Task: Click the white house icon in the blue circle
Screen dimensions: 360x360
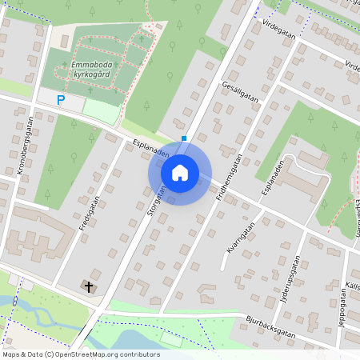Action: tap(180, 172)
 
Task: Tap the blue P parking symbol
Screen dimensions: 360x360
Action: tap(60, 100)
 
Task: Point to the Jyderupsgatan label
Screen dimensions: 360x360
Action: tap(294, 276)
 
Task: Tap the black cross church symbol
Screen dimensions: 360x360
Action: tap(88, 286)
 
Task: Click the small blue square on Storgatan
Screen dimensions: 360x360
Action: tap(185, 138)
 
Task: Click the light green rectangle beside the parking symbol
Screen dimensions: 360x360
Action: tap(100, 110)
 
